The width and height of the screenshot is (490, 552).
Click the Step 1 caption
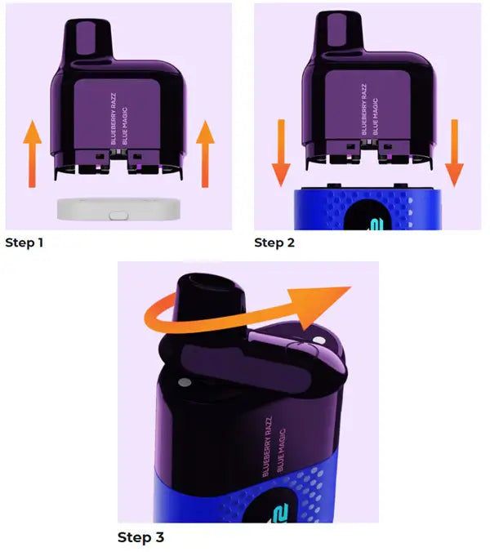pyautogui.click(x=24, y=243)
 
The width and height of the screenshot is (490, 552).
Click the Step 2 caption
pyautogui.click(x=274, y=243)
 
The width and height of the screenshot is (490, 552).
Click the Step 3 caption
pyautogui.click(x=140, y=537)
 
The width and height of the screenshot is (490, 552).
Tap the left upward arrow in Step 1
pyautogui.click(x=32, y=154)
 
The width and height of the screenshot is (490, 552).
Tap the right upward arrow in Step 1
pyautogui.click(x=205, y=154)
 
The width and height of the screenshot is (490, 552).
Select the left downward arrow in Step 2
pyautogui.click(x=281, y=153)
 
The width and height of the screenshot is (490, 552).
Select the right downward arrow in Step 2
pyautogui.click(x=454, y=153)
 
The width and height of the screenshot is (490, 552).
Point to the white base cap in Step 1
pyautogui.click(x=118, y=210)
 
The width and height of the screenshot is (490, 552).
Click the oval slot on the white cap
pyautogui.click(x=118, y=215)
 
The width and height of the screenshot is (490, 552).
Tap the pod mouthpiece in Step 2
pyautogui.click(x=339, y=31)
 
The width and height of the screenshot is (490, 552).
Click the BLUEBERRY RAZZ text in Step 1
pyautogui.click(x=113, y=118)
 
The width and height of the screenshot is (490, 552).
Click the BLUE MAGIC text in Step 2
pyautogui.click(x=375, y=116)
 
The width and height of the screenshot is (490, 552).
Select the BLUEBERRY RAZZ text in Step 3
pyautogui.click(x=267, y=447)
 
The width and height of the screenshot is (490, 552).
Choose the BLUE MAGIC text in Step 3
pyautogui.click(x=281, y=450)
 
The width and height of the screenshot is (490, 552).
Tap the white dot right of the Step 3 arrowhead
pyautogui.click(x=319, y=341)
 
